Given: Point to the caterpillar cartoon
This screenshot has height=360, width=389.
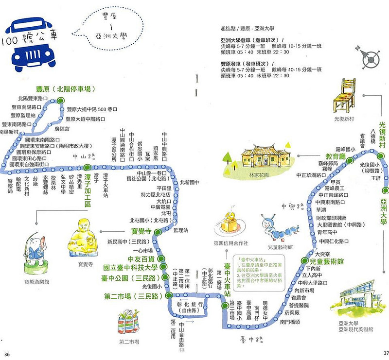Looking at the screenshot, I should pos(277,226).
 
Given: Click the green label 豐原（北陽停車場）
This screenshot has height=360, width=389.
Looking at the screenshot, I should pos(65,89).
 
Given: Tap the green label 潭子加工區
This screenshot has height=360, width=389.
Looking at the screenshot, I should pos(88,189).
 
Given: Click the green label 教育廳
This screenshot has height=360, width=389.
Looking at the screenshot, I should pos(335,157).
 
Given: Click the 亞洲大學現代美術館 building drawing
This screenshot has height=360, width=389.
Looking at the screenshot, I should pos(357,303).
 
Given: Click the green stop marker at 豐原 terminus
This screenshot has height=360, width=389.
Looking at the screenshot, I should pos(60,100).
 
